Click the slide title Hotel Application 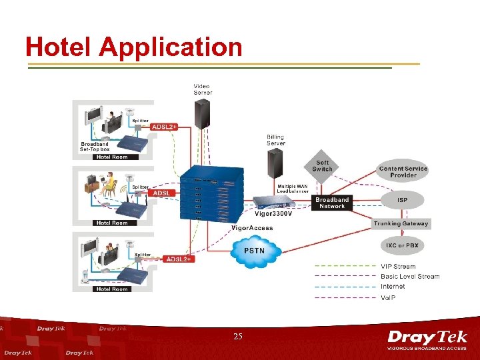(133, 47)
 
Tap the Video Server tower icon (202, 113)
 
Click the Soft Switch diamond (322, 166)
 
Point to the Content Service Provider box (403, 171)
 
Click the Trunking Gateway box (401, 223)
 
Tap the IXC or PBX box (402, 245)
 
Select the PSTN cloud (255, 251)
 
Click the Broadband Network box (332, 203)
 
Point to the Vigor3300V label (273, 214)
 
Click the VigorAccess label (252, 228)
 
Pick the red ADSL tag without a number (161, 193)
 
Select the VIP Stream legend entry (398, 267)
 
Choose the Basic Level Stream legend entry (410, 277)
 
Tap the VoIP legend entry (388, 297)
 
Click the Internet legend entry (393, 287)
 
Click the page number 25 (239, 337)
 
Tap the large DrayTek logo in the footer (427, 339)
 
